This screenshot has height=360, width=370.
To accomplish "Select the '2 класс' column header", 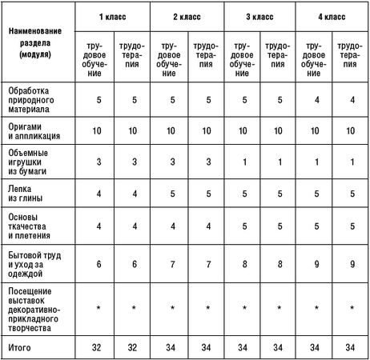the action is click(185, 16).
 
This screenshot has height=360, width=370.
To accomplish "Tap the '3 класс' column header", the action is click(256, 16).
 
